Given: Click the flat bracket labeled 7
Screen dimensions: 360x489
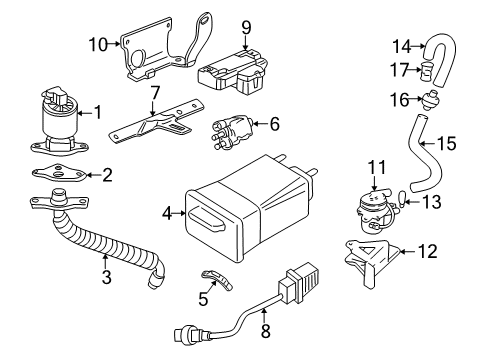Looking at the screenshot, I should (154, 126).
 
